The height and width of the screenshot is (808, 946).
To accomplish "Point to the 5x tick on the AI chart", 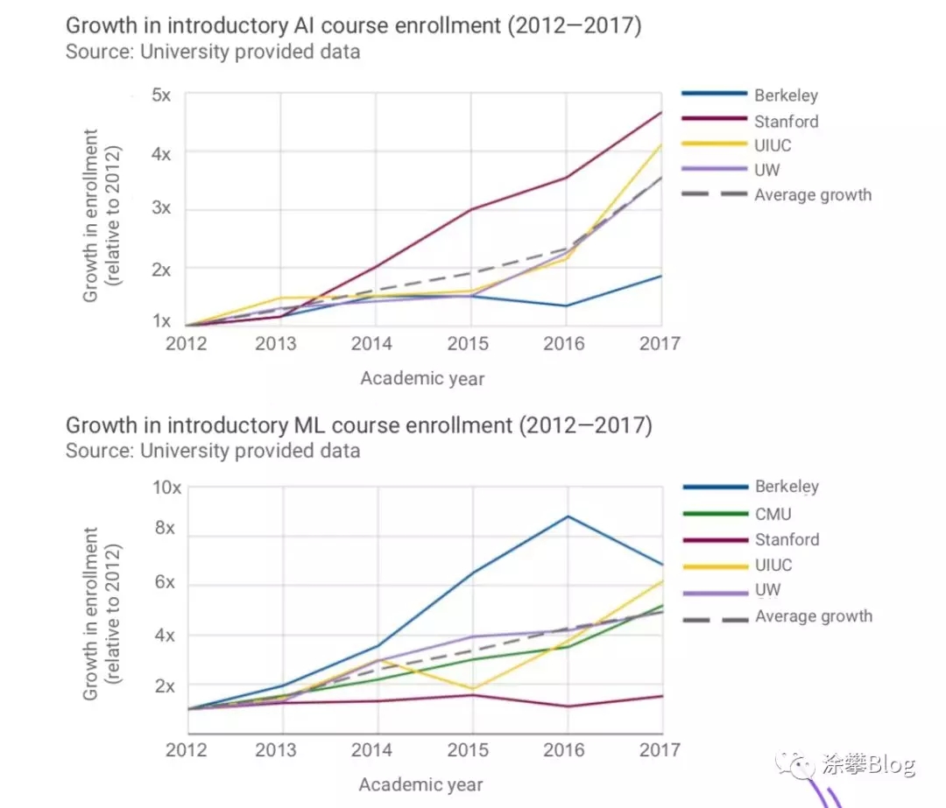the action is coord(161,95).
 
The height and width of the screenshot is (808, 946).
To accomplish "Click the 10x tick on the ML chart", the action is coord(166,488).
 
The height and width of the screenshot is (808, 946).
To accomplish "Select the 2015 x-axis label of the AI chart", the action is coord(468,344).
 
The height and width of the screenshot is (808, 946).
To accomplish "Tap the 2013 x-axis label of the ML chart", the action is coord(276,750).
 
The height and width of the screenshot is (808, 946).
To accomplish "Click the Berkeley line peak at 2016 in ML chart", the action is coord(568,516).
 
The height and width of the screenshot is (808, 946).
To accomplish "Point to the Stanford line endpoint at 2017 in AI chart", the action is coord(661,113).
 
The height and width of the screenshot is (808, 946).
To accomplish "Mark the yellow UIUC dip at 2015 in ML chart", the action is coord(472,689).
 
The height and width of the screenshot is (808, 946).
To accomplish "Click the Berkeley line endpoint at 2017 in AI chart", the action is coord(661,276).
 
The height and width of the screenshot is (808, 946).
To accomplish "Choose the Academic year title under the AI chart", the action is coord(422,379).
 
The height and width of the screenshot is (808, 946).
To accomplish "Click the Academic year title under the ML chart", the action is coord(421,784).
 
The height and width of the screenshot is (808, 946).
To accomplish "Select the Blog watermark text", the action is coord(891,764).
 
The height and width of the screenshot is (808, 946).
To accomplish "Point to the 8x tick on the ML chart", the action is coord(165,528).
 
